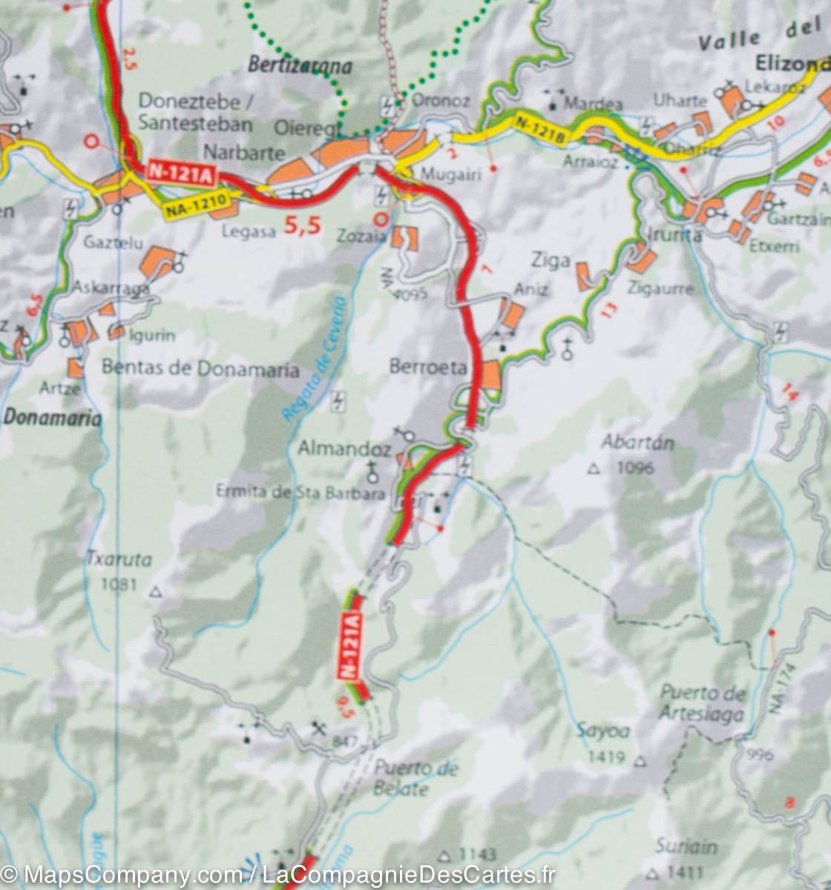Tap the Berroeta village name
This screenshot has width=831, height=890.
(428, 367)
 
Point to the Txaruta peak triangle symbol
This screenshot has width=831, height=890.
(156, 592)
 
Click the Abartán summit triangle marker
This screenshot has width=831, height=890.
(593, 469)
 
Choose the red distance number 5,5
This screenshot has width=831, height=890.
(302, 225)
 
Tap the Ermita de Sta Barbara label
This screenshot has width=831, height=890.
(300, 491)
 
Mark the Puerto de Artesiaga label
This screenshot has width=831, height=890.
(702, 703)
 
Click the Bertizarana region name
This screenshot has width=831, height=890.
(300, 65)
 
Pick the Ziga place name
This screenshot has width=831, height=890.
(551, 260)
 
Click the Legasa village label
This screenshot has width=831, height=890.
(248, 231)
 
